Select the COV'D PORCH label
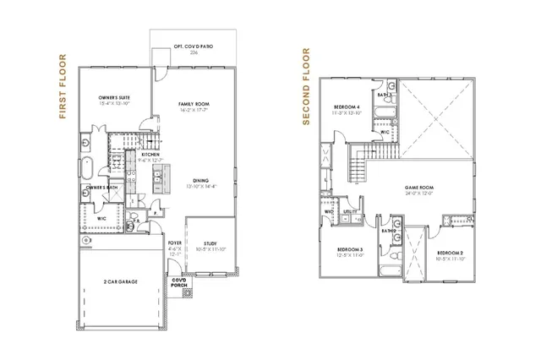click(x=179, y=284)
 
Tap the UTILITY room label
click(x=349, y=212)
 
